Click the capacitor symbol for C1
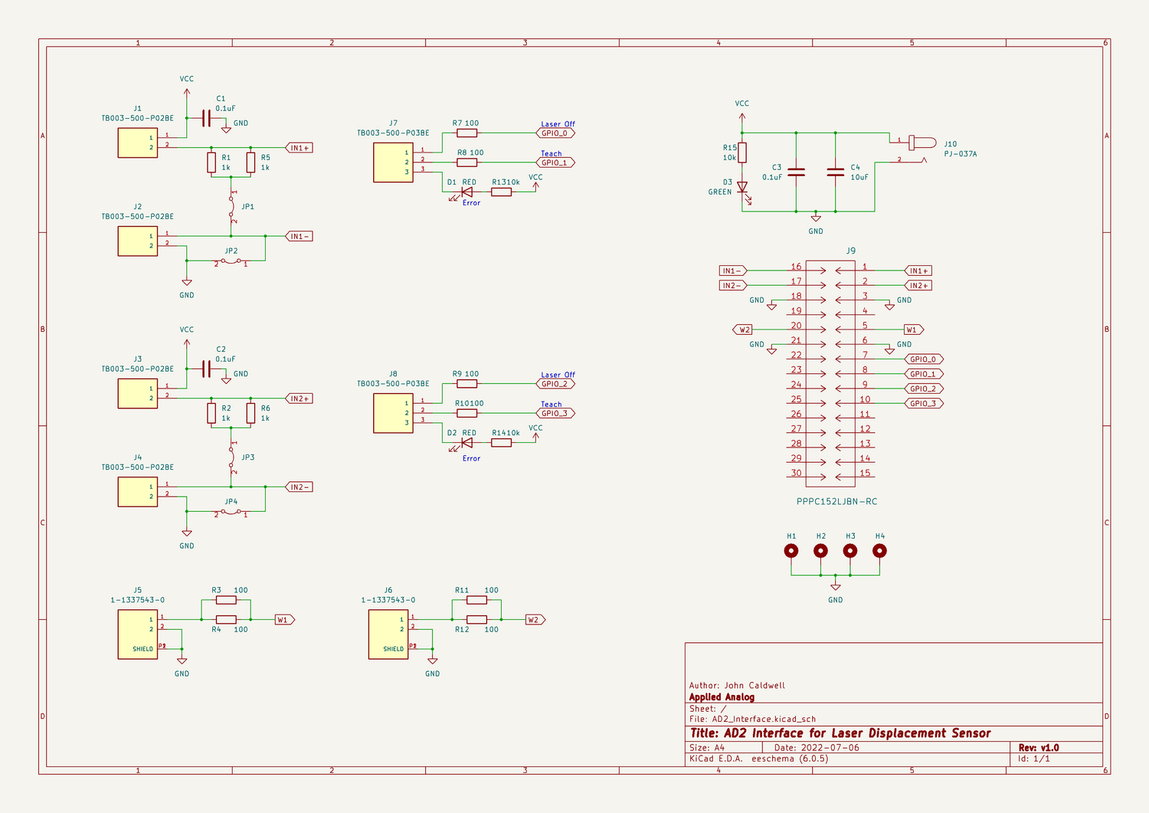tap(205, 118)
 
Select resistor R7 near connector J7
tap(466, 133)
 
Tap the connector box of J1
tap(138, 143)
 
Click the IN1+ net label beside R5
tap(299, 148)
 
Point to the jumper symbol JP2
tap(231, 261)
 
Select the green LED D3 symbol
tap(741, 188)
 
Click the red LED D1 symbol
tap(466, 192)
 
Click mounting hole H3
tap(850, 551)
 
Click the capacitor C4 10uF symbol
tap(836, 172)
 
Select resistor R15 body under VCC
tap(741, 152)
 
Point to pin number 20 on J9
tap(796, 326)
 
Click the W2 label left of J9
tap(743, 329)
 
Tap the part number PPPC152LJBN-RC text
tap(836, 502)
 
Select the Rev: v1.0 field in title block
tap(1038, 748)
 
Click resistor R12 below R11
tap(476, 620)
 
